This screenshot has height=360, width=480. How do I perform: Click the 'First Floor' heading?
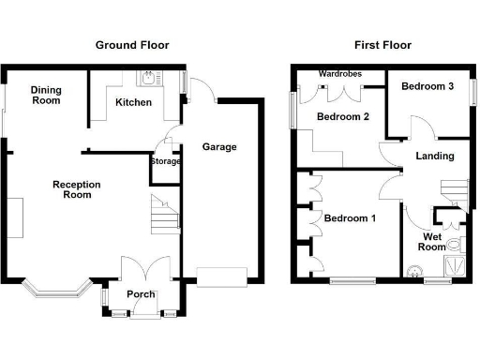click(382, 45)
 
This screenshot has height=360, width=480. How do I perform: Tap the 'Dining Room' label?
click(47, 96)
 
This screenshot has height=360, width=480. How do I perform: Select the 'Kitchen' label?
click(133, 102)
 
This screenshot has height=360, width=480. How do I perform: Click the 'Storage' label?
click(165, 161)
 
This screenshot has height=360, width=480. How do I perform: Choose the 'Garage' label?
click(219, 147)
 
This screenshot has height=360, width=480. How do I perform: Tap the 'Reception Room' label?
click(76, 190)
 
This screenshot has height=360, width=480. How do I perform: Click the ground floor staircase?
click(164, 216)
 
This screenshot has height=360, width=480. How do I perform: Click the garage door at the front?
click(221, 277)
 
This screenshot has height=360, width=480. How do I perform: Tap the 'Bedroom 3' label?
click(427, 86)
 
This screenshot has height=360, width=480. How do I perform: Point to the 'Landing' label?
click(433, 156)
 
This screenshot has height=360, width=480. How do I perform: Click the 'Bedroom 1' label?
click(350, 218)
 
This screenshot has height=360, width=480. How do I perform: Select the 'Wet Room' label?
click(432, 242)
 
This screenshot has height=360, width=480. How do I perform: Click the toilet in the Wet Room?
click(456, 246)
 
